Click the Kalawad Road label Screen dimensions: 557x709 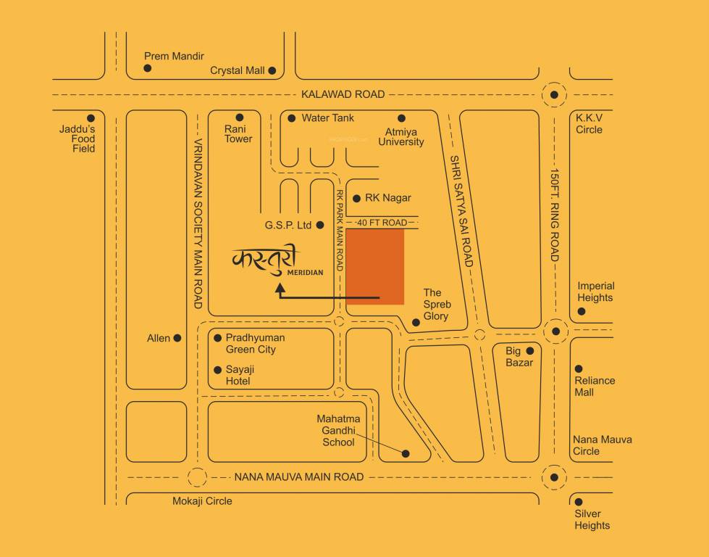pyautogui.click(x=343, y=94)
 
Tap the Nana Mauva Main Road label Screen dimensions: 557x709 pyautogui.click(x=299, y=477)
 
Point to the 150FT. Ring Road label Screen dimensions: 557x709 pyautogui.click(x=555, y=216)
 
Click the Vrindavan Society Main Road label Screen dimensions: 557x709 pyautogui.click(x=199, y=223)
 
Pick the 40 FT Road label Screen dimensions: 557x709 pyautogui.click(x=382, y=223)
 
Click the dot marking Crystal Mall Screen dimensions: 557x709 pyautogui.click(x=272, y=70)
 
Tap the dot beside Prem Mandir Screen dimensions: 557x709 pyautogui.click(x=147, y=68)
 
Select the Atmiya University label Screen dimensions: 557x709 pyautogui.click(x=400, y=136)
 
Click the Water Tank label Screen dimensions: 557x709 pyautogui.click(x=327, y=117)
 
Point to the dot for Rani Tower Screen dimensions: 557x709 pyautogui.click(x=239, y=117)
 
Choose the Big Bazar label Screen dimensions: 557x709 pyautogui.click(x=519, y=357)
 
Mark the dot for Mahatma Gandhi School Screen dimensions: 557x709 pyautogui.click(x=406, y=454)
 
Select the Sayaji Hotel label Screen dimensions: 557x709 pyautogui.click(x=239, y=375)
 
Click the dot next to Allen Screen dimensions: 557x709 pyautogui.click(x=177, y=338)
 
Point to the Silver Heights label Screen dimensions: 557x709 pyautogui.click(x=592, y=519)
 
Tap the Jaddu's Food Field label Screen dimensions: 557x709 pyautogui.click(x=77, y=139)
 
